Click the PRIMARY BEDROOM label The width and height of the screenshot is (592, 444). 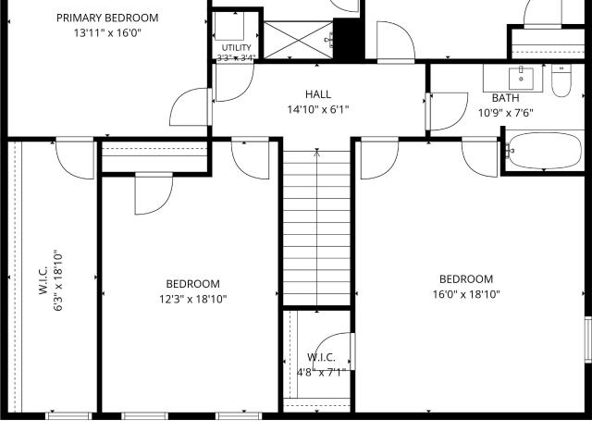(107, 18)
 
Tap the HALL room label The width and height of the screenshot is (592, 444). (318, 94)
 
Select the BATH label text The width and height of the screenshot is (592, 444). (505, 98)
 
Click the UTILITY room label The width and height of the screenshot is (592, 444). (237, 47)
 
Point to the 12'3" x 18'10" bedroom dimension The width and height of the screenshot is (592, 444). (193, 299)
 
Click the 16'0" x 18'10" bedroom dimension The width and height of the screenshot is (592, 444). (466, 294)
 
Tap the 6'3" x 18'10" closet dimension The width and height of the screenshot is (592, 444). (57, 280)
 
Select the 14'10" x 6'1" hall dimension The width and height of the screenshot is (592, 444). (318, 109)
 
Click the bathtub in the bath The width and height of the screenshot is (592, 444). (544, 151)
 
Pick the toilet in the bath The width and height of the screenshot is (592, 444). (561, 80)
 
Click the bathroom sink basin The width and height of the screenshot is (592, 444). (521, 78)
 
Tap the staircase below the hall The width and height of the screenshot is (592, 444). (316, 228)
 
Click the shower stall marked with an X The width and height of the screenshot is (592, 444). (298, 40)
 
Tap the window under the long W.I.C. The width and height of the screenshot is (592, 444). (68, 415)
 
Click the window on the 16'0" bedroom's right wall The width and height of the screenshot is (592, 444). (588, 339)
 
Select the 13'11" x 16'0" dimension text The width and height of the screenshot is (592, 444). (107, 33)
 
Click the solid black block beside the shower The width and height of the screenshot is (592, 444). (349, 39)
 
